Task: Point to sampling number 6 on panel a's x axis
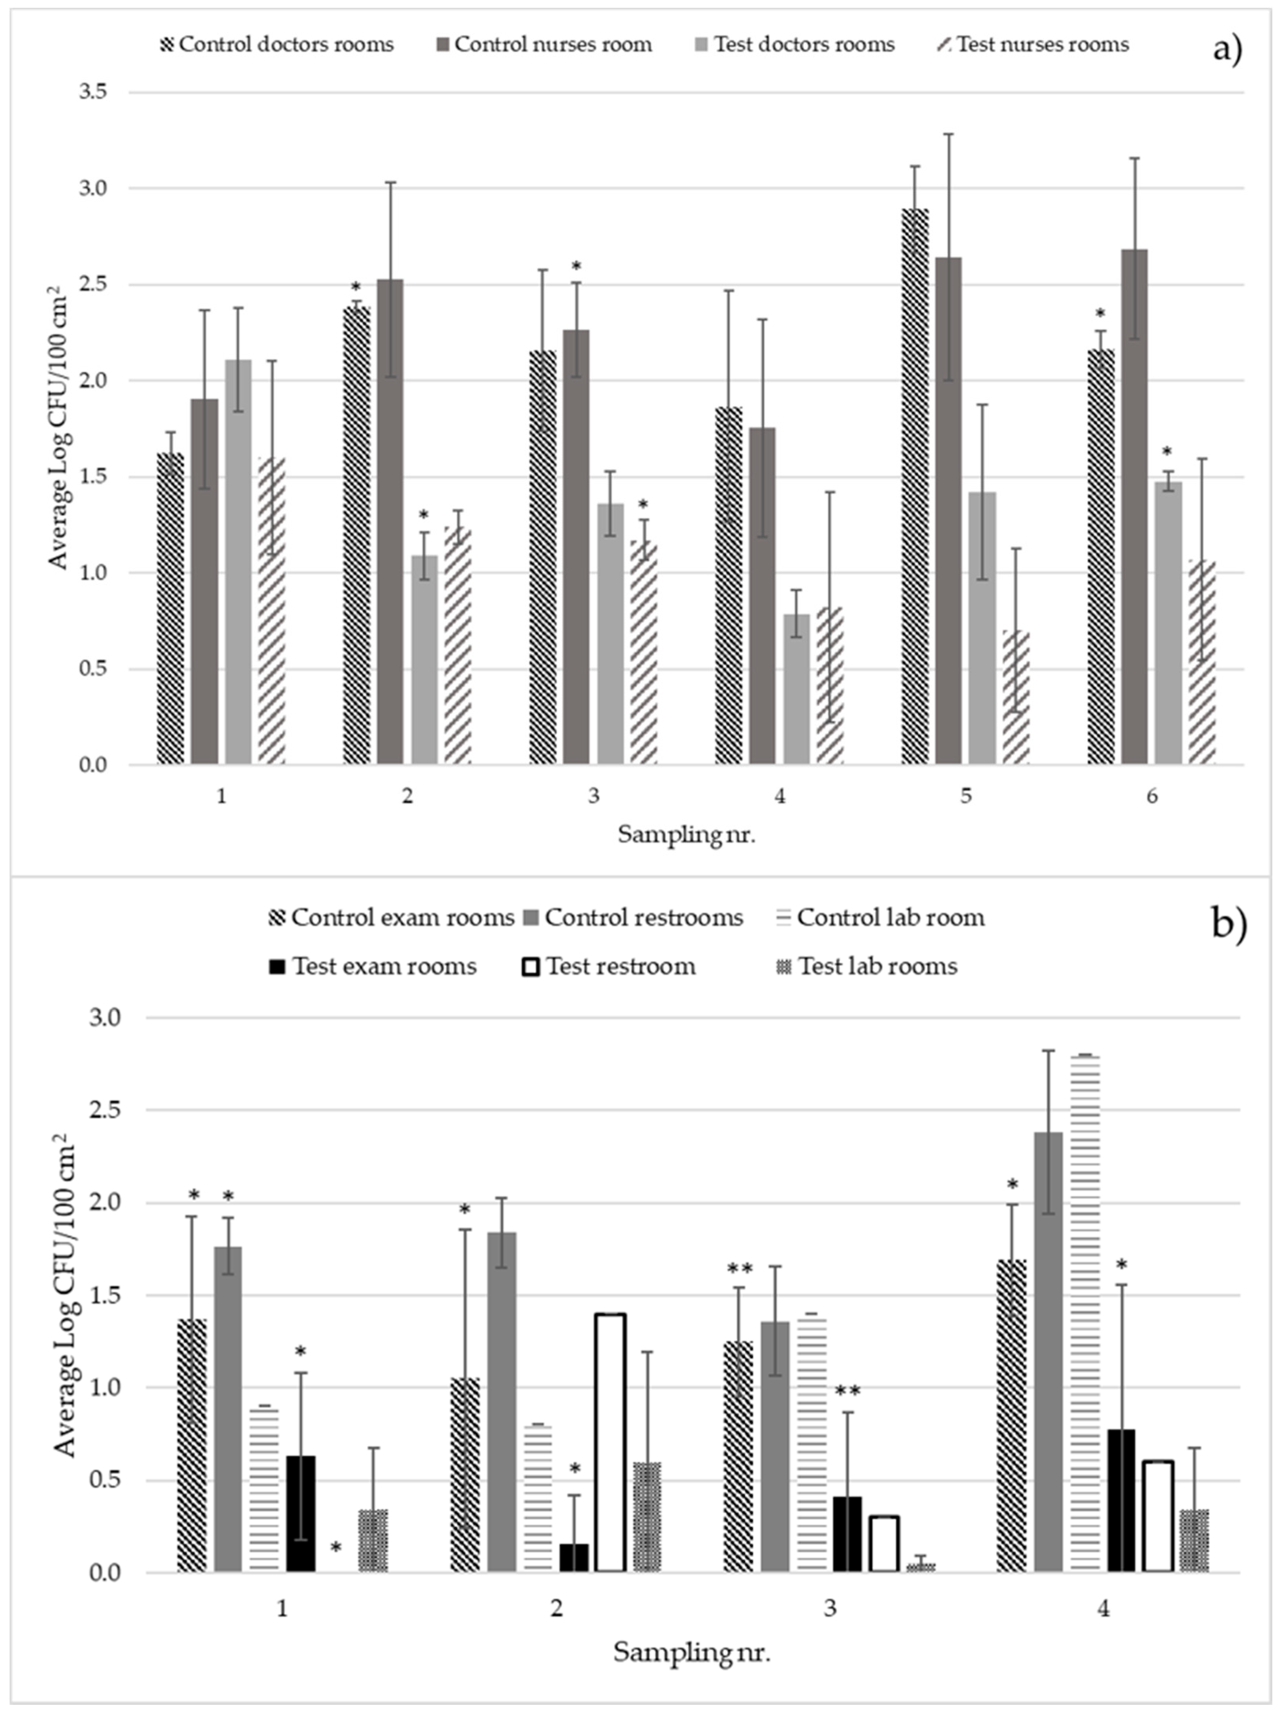pyautogui.click(x=1152, y=796)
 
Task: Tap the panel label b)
pyautogui.click(x=1228, y=925)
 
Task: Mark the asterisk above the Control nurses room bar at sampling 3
pyautogui.click(x=576, y=267)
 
